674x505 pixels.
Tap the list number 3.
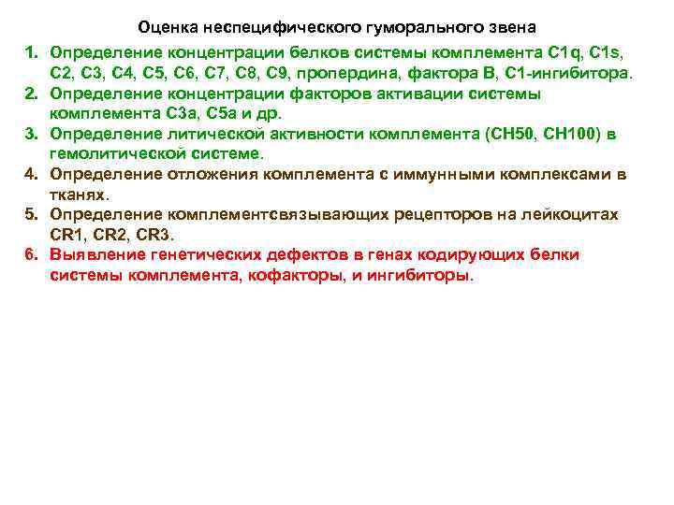(x=31, y=134)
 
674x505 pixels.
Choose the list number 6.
(x=31, y=255)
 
